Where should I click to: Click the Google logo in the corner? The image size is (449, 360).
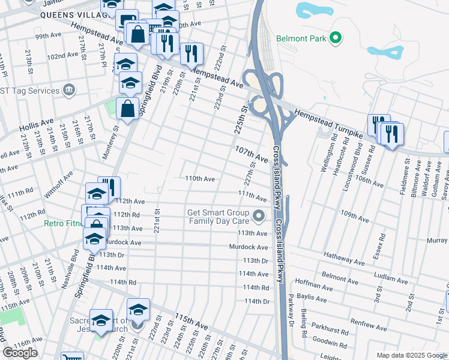point(20,352)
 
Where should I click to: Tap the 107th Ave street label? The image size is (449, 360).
point(251,153)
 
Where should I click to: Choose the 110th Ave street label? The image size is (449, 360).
point(200,179)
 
